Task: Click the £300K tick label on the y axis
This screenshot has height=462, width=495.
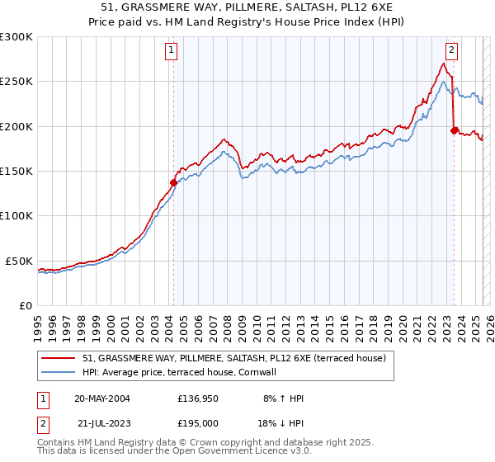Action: [16, 37]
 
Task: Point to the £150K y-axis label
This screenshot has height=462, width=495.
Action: [16, 172]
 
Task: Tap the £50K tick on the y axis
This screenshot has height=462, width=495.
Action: [19, 261]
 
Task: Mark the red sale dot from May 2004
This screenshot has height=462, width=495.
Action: [173, 182]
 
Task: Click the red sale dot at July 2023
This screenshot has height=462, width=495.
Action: [454, 130]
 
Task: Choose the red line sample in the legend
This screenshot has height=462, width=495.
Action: [59, 358]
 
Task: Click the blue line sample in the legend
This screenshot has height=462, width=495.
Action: [59, 372]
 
